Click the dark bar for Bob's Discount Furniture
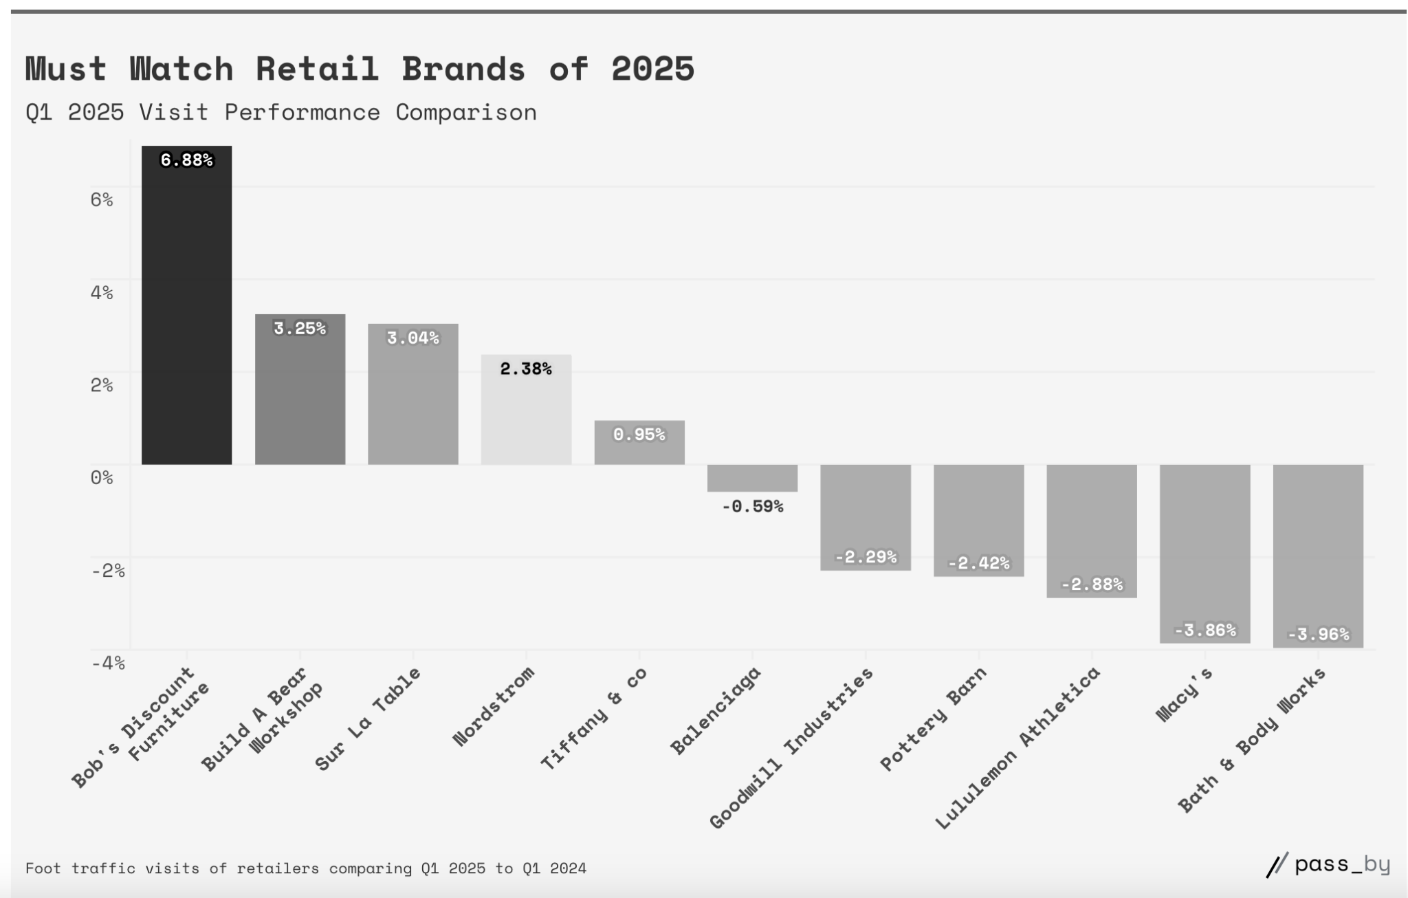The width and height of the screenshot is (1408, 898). click(x=186, y=309)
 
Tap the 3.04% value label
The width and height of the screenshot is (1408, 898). click(x=412, y=338)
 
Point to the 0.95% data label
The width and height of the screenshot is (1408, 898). click(x=639, y=435)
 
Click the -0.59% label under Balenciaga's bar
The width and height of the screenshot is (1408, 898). click(x=752, y=507)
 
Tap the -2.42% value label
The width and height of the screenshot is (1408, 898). click(x=978, y=563)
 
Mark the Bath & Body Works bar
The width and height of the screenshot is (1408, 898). click(x=1318, y=550)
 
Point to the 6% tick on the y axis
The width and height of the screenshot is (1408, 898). click(x=102, y=199)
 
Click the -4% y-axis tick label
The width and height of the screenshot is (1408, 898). click(x=108, y=663)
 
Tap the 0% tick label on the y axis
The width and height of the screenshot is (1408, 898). click(x=102, y=477)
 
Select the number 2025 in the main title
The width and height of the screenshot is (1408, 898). click(x=652, y=69)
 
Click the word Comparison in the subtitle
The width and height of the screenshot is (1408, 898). click(x=465, y=112)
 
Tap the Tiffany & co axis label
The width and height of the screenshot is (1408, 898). click(x=593, y=718)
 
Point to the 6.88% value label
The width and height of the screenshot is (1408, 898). click(x=186, y=160)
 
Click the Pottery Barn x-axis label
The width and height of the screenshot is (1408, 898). click(x=933, y=719)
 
